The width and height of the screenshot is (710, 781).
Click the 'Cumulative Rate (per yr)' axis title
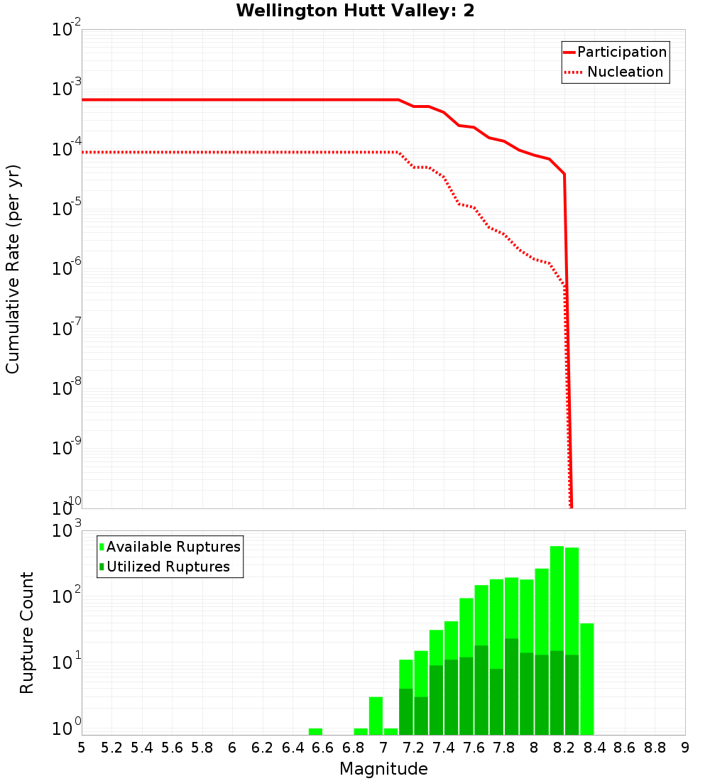(13, 269)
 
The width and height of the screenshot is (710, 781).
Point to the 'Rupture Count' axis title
(27, 633)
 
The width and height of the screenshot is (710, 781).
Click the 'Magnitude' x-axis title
(383, 769)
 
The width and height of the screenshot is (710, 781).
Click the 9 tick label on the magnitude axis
(685, 748)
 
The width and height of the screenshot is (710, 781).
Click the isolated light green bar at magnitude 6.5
(315, 731)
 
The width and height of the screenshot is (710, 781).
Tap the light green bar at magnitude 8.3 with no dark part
(586, 679)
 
